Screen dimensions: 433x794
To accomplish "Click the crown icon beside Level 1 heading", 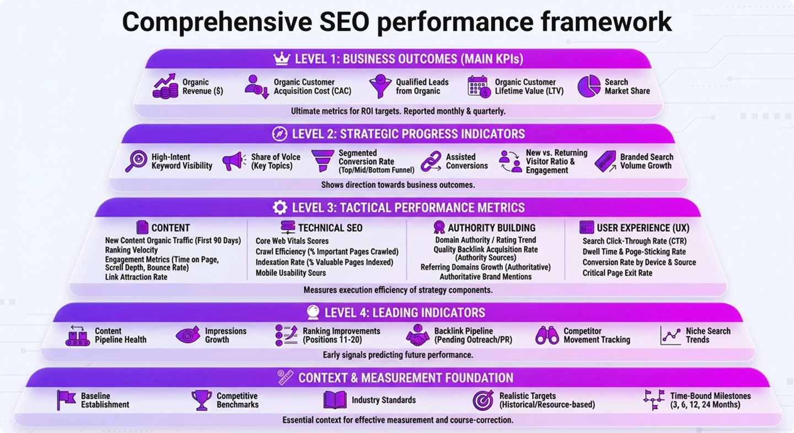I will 281,59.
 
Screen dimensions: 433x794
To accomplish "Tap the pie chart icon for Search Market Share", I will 588,87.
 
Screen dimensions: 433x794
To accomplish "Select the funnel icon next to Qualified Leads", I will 380,87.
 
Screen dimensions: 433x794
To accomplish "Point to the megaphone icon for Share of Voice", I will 234,162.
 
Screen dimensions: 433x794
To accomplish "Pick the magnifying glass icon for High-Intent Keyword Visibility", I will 136,161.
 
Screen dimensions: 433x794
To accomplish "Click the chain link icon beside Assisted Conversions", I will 431,162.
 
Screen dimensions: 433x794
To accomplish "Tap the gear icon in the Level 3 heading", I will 280,207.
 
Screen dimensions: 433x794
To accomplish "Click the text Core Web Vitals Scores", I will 292,241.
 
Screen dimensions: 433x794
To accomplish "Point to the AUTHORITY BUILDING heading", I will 491,228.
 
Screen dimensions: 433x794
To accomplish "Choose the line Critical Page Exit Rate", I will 617,272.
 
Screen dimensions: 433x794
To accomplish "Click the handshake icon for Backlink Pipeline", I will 417,335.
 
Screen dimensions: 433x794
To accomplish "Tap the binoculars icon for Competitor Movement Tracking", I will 547,335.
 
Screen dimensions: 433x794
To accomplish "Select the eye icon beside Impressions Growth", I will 187,335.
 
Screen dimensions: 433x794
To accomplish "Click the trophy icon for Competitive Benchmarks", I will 201,400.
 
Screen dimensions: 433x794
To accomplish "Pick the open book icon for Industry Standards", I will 335,400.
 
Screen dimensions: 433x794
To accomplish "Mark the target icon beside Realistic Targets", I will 483,400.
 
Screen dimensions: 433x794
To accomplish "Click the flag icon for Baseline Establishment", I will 66,400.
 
